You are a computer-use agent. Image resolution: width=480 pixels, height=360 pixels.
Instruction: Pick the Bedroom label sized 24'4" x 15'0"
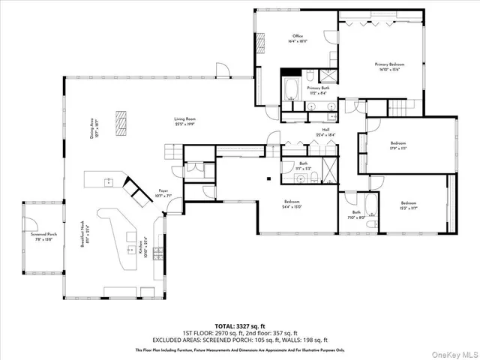(x=292, y=202)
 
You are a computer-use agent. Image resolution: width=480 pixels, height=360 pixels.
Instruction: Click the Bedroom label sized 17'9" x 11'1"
(x=397, y=145)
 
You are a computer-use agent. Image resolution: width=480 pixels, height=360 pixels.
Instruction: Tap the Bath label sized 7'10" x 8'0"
(x=355, y=214)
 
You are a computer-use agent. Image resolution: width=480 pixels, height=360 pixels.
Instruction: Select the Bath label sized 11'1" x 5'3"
(x=304, y=166)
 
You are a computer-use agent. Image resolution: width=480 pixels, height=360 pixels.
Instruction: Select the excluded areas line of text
(x=240, y=340)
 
